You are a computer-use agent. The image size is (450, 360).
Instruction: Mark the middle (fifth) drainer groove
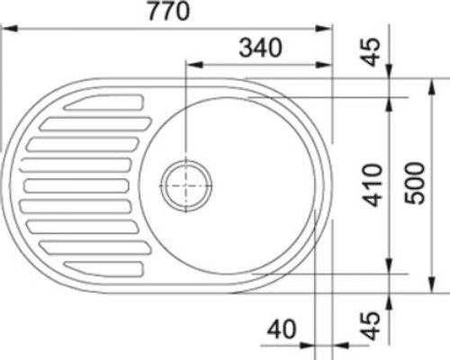click(76, 186)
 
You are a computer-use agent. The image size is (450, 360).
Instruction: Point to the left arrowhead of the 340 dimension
click(192, 65)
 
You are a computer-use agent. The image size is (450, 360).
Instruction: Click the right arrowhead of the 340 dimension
click(327, 65)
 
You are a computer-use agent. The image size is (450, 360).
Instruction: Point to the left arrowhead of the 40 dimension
click(309, 344)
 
